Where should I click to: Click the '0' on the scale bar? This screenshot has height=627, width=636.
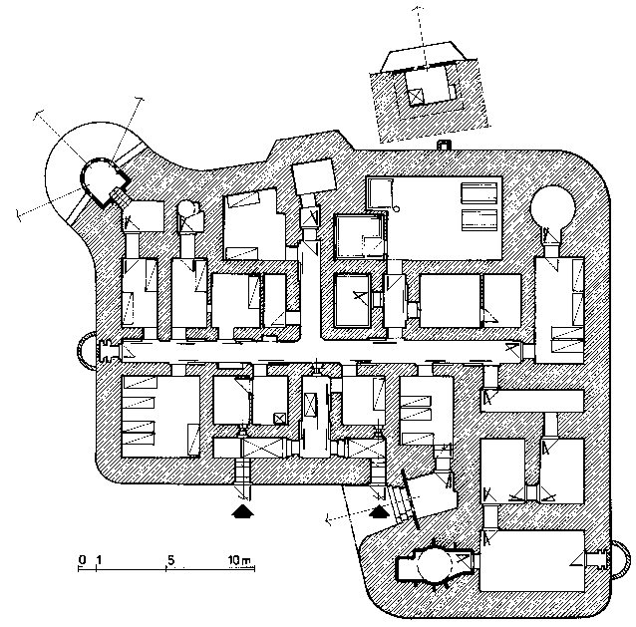coord(83,560)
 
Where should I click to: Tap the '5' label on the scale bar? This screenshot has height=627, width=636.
coord(170,560)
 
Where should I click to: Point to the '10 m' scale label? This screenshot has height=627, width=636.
coord(239,560)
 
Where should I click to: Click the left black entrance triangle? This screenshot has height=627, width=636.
coord(242,511)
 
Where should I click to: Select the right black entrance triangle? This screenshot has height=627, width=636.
coord(379,511)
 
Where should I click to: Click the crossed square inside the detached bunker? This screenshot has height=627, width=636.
coord(416,97)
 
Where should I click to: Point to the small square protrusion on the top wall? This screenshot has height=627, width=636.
coord(444,146)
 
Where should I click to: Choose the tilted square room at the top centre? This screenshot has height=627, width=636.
coord(314,176)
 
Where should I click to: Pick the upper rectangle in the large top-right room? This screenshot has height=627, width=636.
coord(479,193)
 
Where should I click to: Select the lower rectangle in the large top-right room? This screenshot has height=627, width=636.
coord(479,220)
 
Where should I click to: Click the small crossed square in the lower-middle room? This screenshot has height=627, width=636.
coord(279,419)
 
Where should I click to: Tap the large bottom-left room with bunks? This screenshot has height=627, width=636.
coord(160,417)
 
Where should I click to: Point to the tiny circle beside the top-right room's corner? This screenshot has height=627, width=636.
coord(397,209)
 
